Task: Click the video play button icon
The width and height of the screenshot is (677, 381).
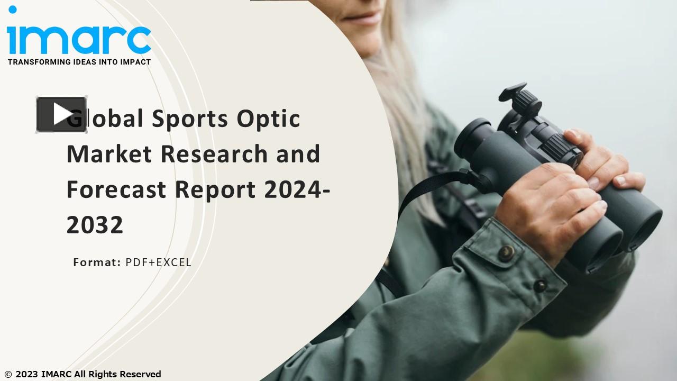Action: pos(61,114)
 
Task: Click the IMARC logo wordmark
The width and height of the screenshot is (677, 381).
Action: pos(79,39)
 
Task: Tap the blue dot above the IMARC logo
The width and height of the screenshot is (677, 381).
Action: pos(13,10)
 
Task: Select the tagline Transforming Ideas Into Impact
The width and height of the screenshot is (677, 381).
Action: pos(79,62)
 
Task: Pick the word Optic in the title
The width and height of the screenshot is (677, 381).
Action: pos(268,119)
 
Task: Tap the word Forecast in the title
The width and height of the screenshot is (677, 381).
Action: pos(116,189)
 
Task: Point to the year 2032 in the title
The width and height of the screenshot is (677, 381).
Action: pos(95,225)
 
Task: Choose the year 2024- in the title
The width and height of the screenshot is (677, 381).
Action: pos(297,189)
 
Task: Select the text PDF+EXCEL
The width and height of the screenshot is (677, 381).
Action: pos(158,262)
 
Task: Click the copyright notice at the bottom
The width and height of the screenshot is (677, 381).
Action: pos(83,374)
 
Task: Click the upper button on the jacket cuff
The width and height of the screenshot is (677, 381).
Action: pos(506,252)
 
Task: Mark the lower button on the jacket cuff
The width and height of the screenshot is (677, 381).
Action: pos(540,286)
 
